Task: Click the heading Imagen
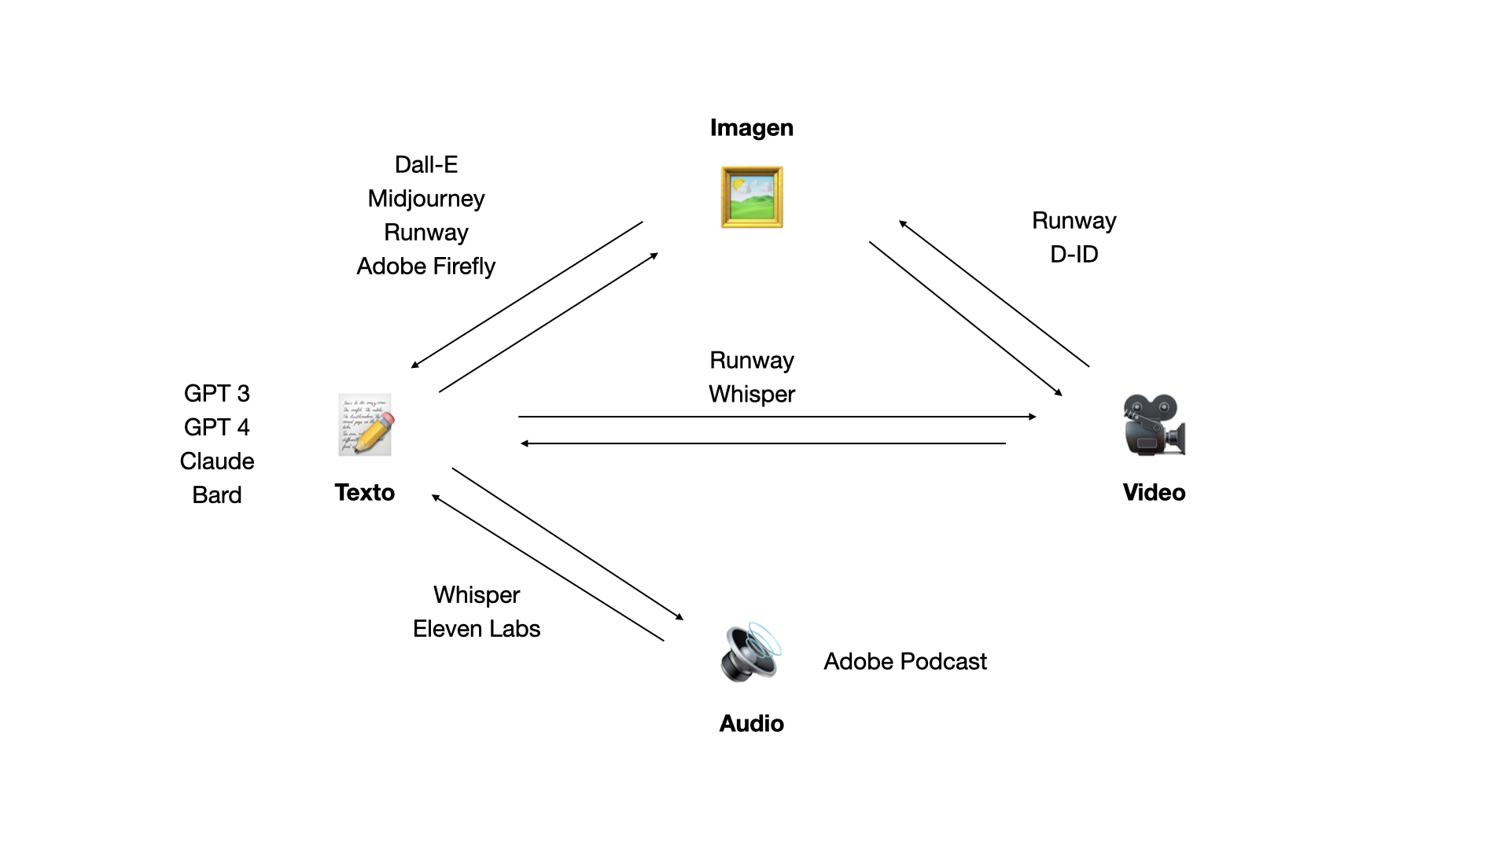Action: coord(751,127)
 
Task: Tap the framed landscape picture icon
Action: coord(752,197)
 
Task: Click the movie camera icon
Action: coord(1154,424)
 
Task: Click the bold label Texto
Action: coord(365,492)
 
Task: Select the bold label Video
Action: coord(1154,492)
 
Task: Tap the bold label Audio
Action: coord(751,723)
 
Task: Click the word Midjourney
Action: coord(426,198)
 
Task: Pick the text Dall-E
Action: coord(426,164)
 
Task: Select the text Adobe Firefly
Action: coord(426,266)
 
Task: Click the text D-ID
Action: coord(1074,254)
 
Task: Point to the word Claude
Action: coord(217,461)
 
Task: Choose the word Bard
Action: coord(217,494)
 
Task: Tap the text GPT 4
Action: coord(217,427)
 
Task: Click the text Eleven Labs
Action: coord(477,628)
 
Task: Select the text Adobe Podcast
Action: coord(905,661)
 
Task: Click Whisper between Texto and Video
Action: coord(752,394)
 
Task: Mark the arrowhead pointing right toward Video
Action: coord(1033,417)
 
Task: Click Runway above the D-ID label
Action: coord(1074,220)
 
